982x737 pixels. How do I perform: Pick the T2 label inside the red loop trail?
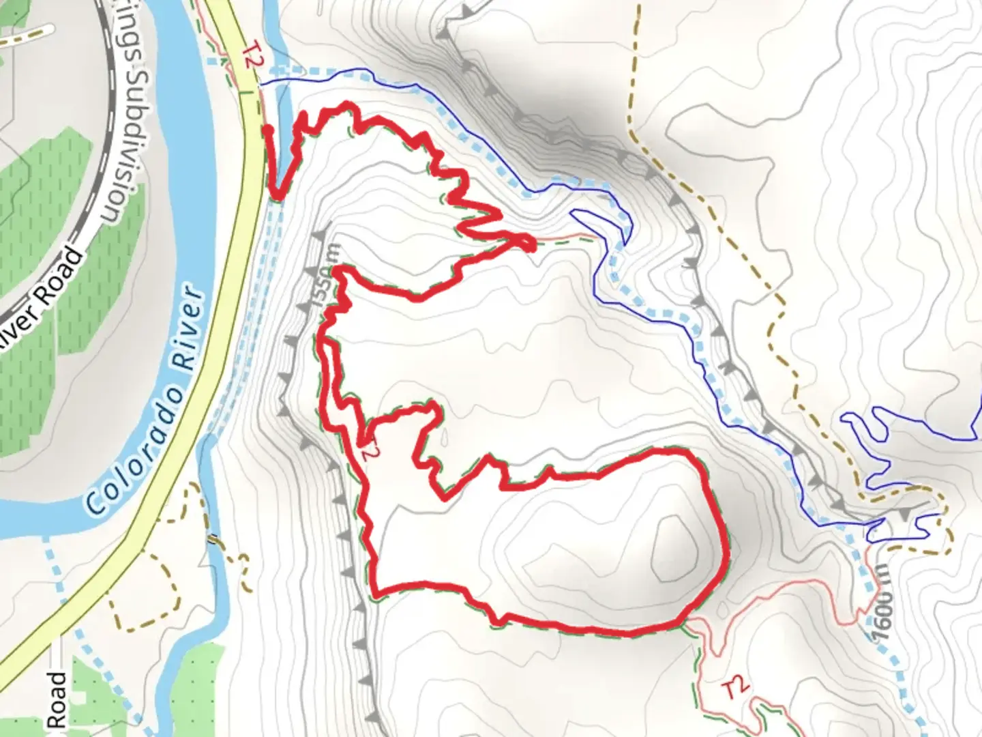(368, 447)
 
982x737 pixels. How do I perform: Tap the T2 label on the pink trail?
(735, 688)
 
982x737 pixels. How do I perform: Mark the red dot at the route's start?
(269, 129)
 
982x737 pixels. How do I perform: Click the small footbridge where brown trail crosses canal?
(213, 540)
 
